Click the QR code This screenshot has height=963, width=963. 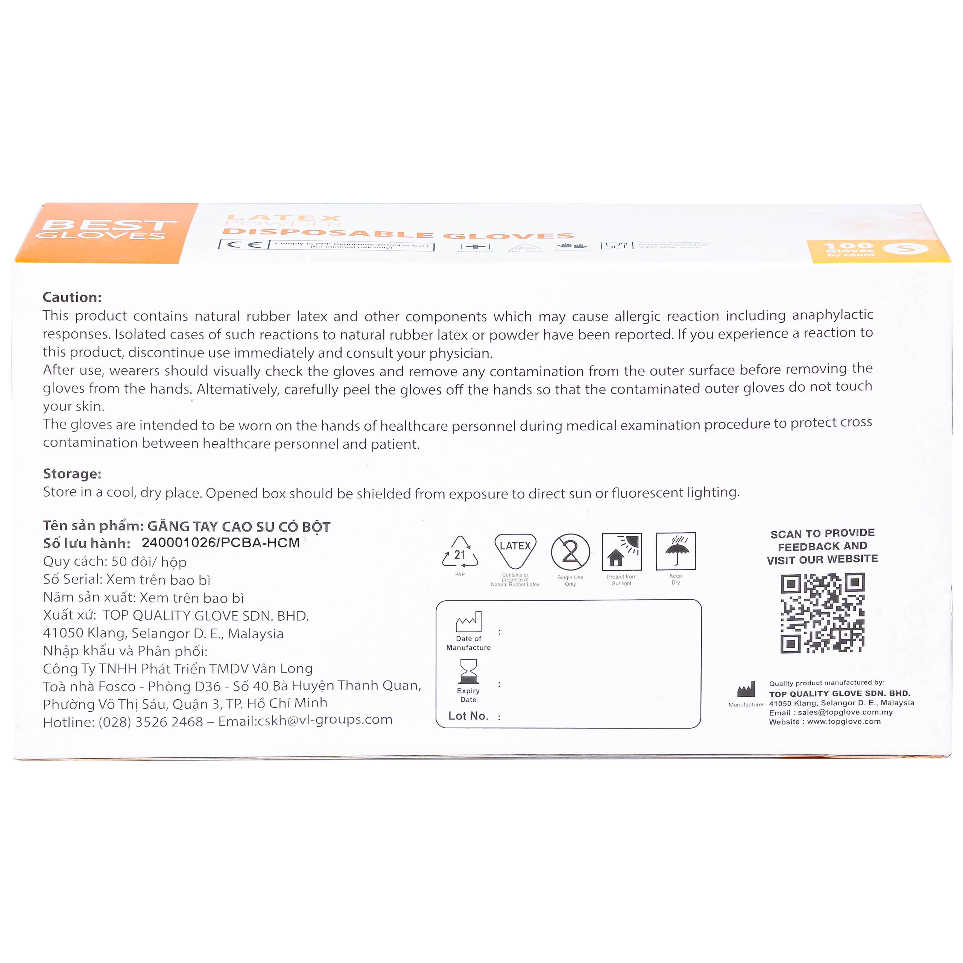(x=822, y=613)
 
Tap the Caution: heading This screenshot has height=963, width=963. (x=72, y=297)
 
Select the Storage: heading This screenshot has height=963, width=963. (x=72, y=474)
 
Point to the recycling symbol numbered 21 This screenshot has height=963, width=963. (x=460, y=553)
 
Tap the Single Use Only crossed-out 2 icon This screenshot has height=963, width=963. (x=570, y=552)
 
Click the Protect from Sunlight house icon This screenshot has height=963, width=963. (x=621, y=552)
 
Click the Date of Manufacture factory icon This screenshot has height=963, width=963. (x=469, y=622)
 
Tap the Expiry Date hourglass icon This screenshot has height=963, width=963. (x=469, y=671)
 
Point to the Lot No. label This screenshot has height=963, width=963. (x=468, y=716)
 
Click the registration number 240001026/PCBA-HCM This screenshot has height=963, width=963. (x=220, y=543)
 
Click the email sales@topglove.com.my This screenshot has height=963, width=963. (x=845, y=712)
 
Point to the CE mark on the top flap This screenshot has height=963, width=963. (x=244, y=244)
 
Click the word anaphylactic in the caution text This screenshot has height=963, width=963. (x=832, y=314)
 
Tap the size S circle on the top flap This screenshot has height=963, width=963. (x=905, y=248)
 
